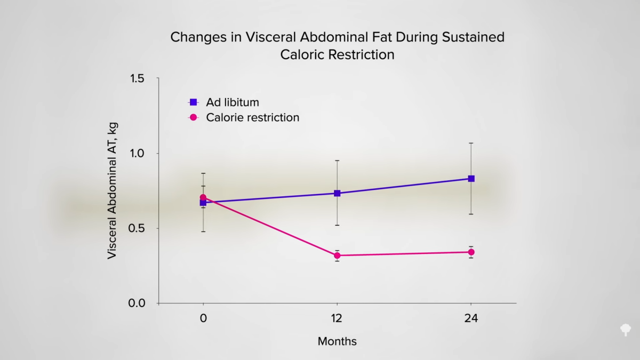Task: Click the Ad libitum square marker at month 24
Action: click(471, 179)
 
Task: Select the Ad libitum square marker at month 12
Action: click(337, 193)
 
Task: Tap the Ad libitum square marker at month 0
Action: click(203, 203)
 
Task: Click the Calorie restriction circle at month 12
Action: click(337, 255)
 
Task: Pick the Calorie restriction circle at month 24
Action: click(471, 252)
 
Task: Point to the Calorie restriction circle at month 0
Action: click(203, 197)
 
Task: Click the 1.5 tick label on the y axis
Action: click(138, 78)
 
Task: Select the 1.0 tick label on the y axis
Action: click(138, 154)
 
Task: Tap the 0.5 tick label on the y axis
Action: click(138, 228)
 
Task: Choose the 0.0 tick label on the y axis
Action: click(138, 303)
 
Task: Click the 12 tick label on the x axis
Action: click(337, 319)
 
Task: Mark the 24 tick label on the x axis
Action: click(471, 319)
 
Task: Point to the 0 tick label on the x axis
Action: click(203, 319)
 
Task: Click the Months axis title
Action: click(337, 341)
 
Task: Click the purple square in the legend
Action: click(194, 102)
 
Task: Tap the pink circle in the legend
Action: click(194, 117)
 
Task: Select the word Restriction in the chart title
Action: click(361, 54)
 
